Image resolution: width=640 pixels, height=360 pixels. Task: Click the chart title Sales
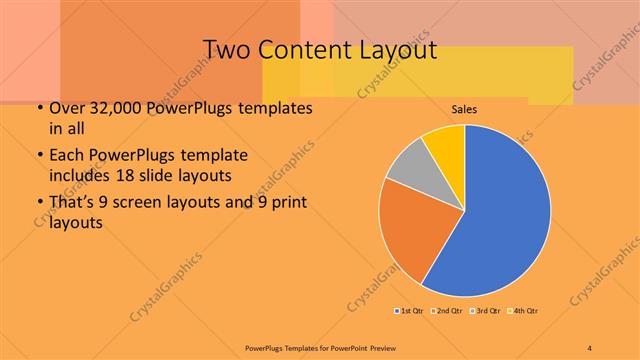[464, 107]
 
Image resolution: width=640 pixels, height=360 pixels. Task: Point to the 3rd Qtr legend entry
[487, 311]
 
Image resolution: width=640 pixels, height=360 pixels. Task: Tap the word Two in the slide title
[225, 50]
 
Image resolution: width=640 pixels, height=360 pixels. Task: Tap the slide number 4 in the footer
[589, 347]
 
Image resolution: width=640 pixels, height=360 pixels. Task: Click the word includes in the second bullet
[82, 175]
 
